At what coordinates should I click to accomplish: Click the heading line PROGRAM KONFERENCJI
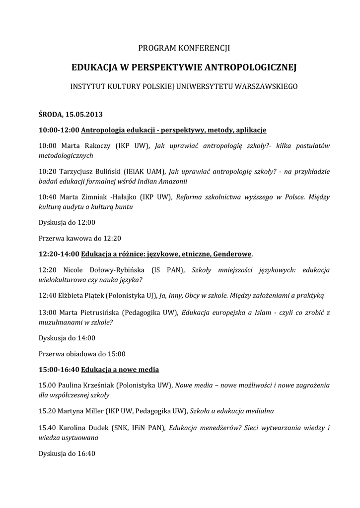(x=184, y=48)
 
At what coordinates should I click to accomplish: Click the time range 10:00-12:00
(x=59, y=130)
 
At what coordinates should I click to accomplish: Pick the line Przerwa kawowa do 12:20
(x=80, y=238)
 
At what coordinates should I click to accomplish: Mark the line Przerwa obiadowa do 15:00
(x=82, y=354)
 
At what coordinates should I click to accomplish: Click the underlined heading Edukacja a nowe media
(x=120, y=370)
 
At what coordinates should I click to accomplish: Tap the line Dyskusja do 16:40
(x=67, y=453)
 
